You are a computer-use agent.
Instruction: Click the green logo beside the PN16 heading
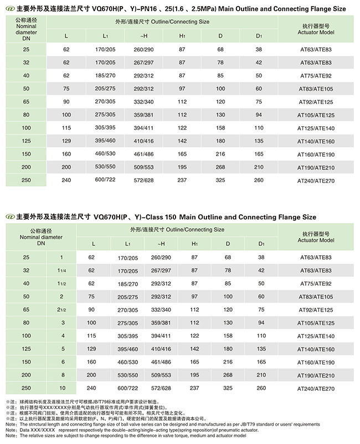pyautogui.click(x=8, y=9)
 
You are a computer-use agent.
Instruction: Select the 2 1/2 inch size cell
pyautogui.click(x=61, y=309)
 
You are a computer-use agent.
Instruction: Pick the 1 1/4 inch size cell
pyautogui.click(x=61, y=270)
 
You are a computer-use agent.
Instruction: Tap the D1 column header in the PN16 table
pyautogui.click(x=259, y=36)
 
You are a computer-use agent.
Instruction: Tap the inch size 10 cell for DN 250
pyautogui.click(x=61, y=388)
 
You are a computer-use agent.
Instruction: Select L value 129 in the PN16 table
pyautogui.click(x=66, y=141)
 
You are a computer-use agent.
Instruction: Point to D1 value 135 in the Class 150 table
pyautogui.click(x=259, y=349)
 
